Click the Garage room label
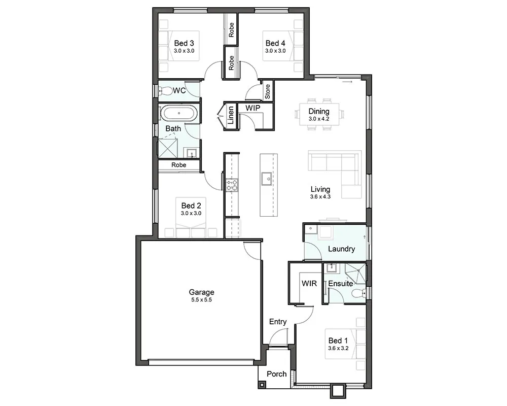201,292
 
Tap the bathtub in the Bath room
178,113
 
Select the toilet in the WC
165,91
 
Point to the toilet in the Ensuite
359,293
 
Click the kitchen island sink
267,179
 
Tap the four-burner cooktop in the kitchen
232,185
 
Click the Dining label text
319,111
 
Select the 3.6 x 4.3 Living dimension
320,196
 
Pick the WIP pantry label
252,108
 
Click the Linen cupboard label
231,115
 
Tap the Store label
267,92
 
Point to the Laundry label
341,249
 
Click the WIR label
309,284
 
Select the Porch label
277,374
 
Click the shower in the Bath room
167,149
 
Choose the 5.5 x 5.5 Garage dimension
201,300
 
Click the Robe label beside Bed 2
179,165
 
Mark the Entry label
278,321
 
